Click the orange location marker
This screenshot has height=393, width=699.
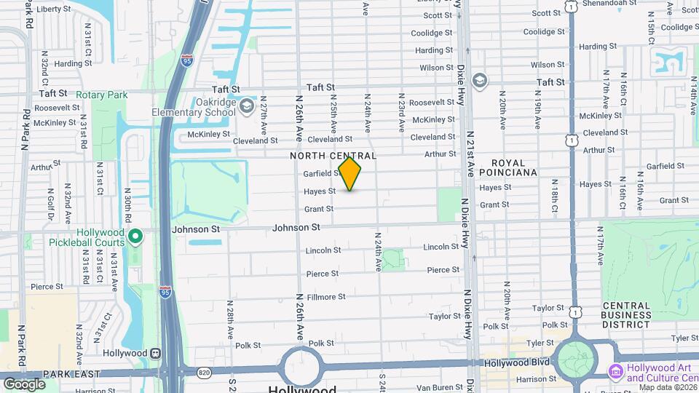click(x=350, y=174)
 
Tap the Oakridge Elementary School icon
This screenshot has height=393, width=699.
click(x=246, y=107)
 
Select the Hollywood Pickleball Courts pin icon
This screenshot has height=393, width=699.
click(x=135, y=236)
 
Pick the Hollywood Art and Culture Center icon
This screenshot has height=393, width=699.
click(x=616, y=372)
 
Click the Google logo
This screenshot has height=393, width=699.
click(x=24, y=384)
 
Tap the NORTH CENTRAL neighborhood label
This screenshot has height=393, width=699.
click(x=333, y=156)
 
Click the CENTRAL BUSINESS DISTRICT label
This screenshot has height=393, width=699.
click(x=625, y=315)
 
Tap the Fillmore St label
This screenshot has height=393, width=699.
click(x=326, y=297)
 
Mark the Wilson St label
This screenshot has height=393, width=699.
click(x=437, y=68)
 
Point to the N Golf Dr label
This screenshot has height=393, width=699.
click(x=52, y=206)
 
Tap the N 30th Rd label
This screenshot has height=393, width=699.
click(x=127, y=207)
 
